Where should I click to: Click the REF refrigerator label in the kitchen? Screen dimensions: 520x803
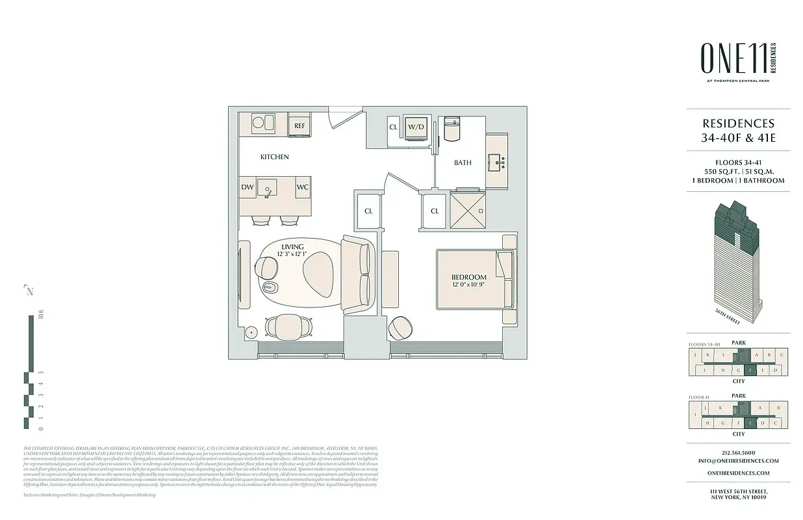pos(300,125)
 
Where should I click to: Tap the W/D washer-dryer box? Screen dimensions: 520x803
pos(416,127)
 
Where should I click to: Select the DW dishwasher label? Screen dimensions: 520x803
pos(248,187)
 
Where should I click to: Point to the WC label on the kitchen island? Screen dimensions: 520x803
pos(302,187)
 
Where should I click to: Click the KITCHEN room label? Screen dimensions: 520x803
pos(275,157)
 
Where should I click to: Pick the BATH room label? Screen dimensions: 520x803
pos(463,162)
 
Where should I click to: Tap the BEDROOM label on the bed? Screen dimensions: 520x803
pos(469,278)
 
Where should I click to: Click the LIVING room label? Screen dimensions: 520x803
pos(292,247)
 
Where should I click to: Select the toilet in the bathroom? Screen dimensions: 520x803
pos(451,130)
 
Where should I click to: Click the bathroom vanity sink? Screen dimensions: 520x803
pos(499,160)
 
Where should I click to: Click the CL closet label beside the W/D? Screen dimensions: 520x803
pos(394,127)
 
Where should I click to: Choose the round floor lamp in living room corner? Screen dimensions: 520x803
pos(251,331)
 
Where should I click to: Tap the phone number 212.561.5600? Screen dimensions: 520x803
pos(739,452)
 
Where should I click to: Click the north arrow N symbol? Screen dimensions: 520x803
pos(29,291)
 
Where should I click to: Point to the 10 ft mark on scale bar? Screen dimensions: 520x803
pos(40,317)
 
